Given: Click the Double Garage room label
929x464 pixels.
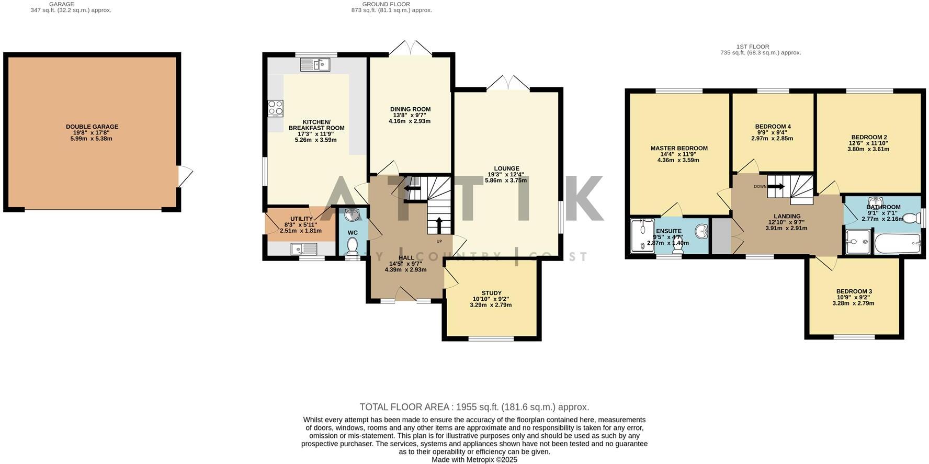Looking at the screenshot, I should coord(92,127).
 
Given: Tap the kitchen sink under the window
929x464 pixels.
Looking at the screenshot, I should coord(314,65).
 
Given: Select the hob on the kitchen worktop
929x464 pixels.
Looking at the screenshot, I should coord(276,108).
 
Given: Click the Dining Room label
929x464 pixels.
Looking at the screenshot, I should coord(410,109).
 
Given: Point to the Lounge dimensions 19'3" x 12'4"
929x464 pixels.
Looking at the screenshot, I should coord(506,175).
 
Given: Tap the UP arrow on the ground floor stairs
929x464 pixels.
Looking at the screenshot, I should coord(438,225).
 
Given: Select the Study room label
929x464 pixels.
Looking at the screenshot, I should coord(491,293).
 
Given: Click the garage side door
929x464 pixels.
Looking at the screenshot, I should coord(185,177).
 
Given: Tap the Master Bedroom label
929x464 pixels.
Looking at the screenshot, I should coord(678,148).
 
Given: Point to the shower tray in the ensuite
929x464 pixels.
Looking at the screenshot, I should coord(642,236).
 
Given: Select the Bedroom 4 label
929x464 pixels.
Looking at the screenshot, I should coord(773,127).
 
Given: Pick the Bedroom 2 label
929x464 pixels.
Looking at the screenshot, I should coord(868,137).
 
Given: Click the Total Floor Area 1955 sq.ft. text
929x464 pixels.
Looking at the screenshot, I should coord(474,407).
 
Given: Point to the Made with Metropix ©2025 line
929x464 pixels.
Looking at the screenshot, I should coord(474,459).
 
